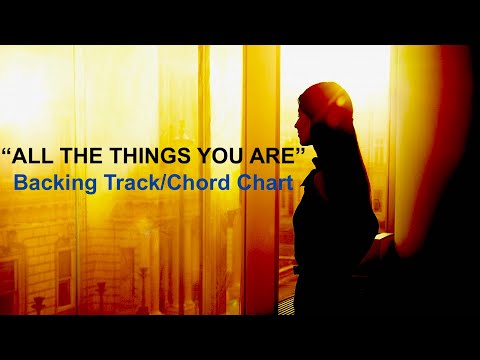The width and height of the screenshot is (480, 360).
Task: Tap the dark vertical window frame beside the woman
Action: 262,200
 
